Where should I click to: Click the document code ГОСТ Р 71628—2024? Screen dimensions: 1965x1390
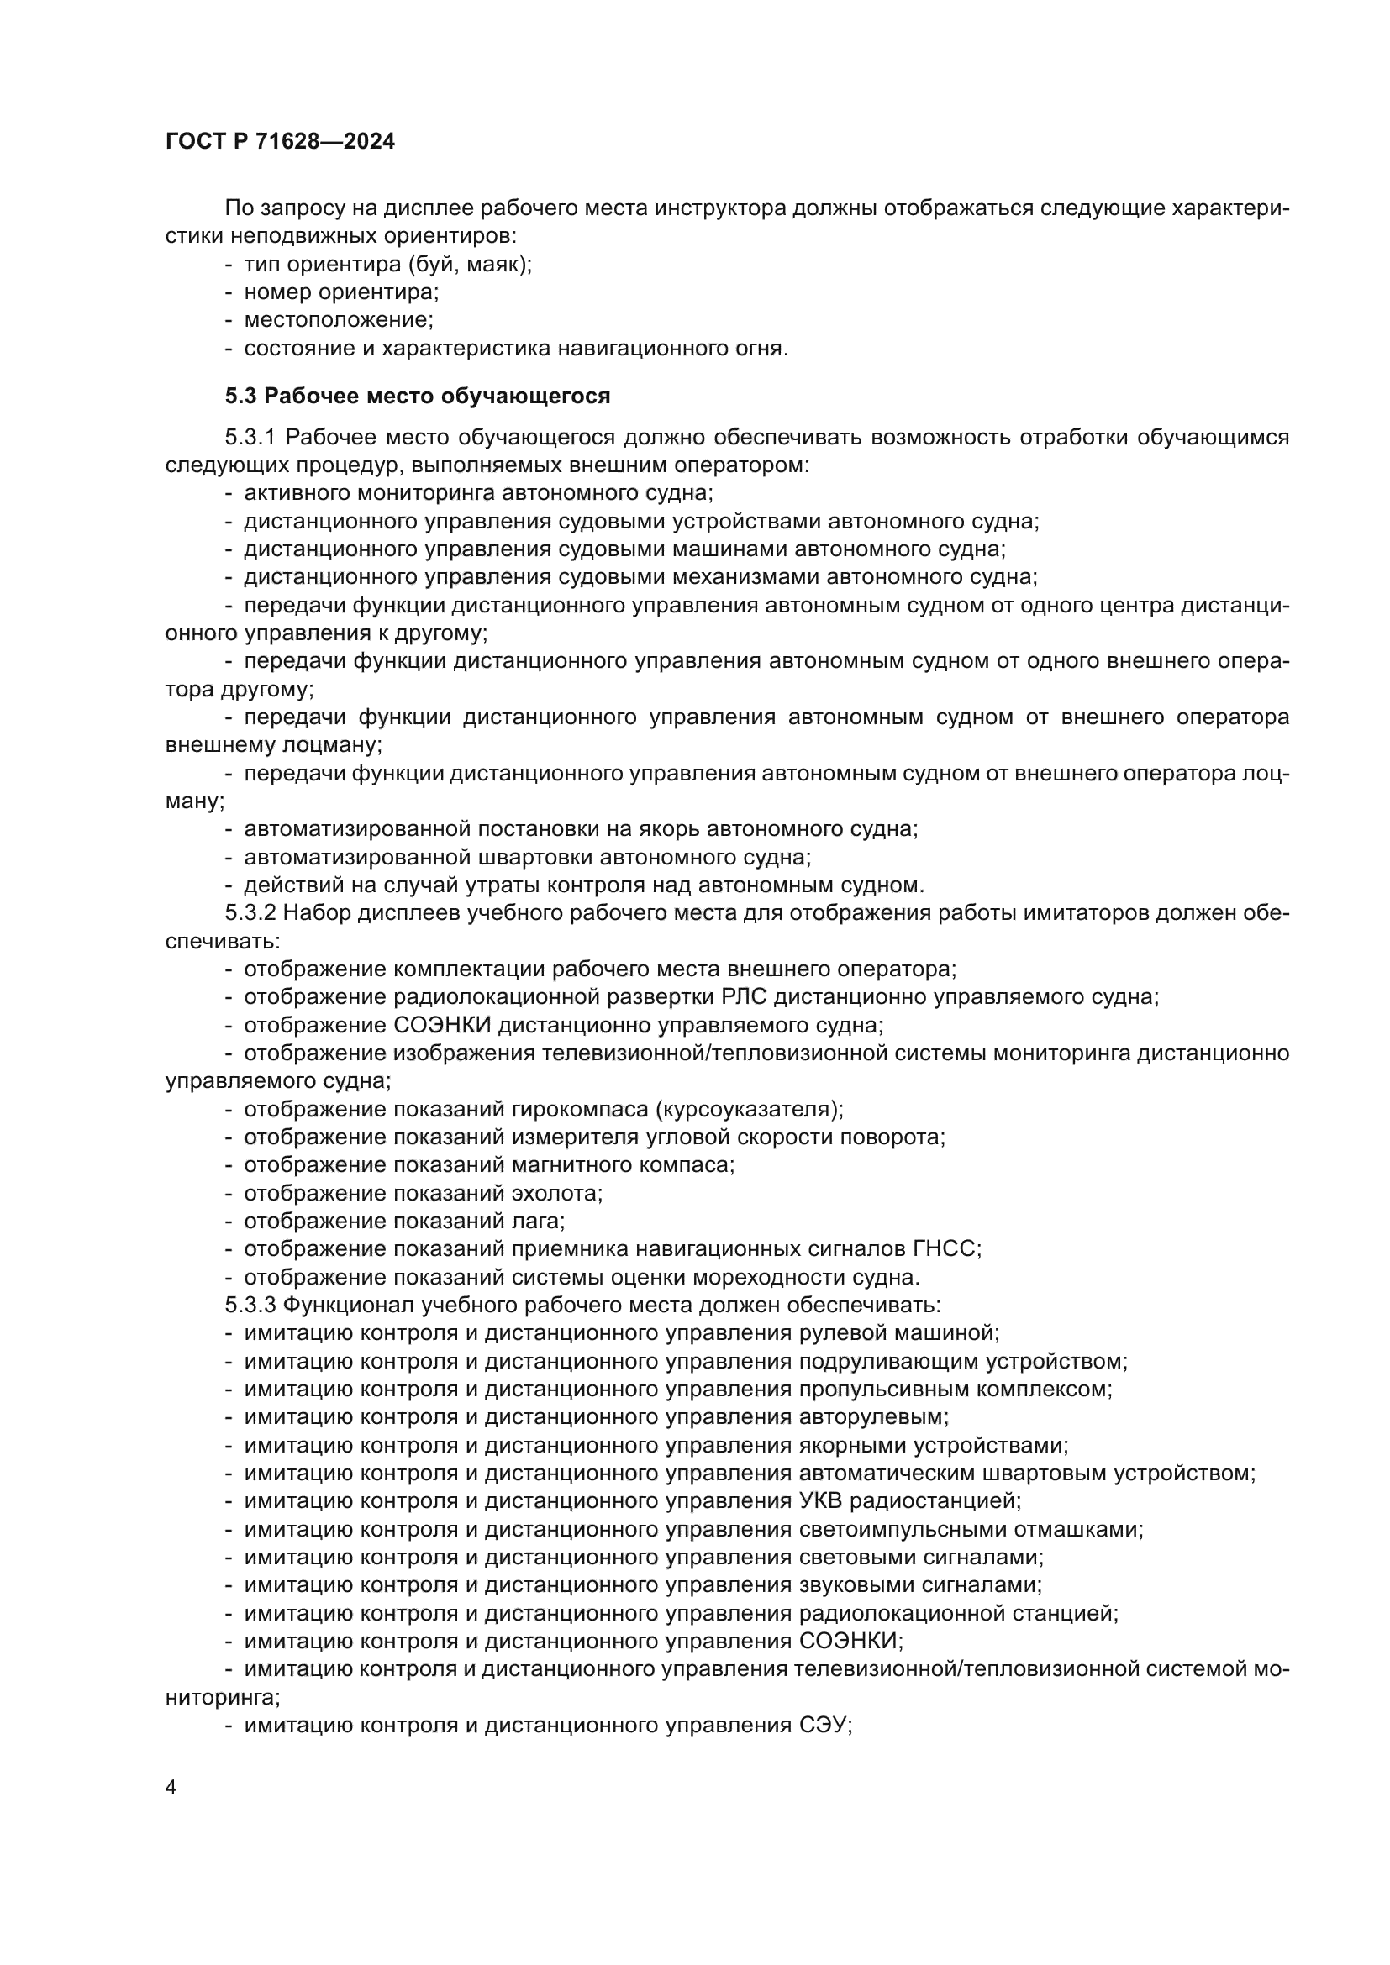click(x=280, y=142)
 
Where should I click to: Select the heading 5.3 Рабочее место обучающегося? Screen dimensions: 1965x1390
click(x=418, y=397)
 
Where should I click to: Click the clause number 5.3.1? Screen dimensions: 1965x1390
click(x=250, y=438)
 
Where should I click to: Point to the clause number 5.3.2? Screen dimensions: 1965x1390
click(x=250, y=913)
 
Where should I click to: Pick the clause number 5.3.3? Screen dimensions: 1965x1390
click(x=250, y=1306)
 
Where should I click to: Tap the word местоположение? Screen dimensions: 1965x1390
click(x=337, y=320)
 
